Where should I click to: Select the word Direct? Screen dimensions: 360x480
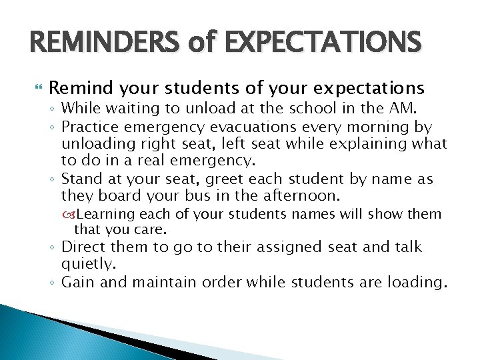click(x=83, y=247)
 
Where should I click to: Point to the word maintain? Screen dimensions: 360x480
click(x=163, y=282)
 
